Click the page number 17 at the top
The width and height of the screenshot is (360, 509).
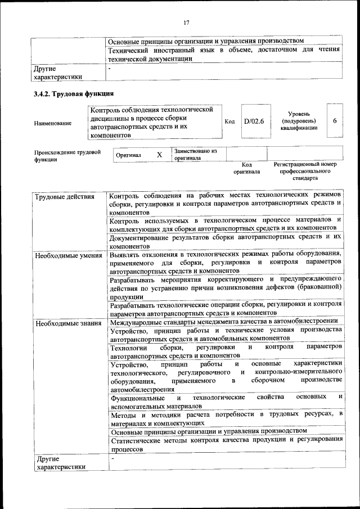click(186, 22)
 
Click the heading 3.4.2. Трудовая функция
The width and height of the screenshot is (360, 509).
click(74, 93)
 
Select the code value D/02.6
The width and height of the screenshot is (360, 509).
click(254, 121)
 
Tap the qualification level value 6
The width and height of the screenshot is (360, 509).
click(335, 121)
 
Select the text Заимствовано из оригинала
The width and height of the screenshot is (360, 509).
click(195, 155)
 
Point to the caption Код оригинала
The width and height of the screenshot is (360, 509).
click(246, 168)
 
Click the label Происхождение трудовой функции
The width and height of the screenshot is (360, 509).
click(67, 156)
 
